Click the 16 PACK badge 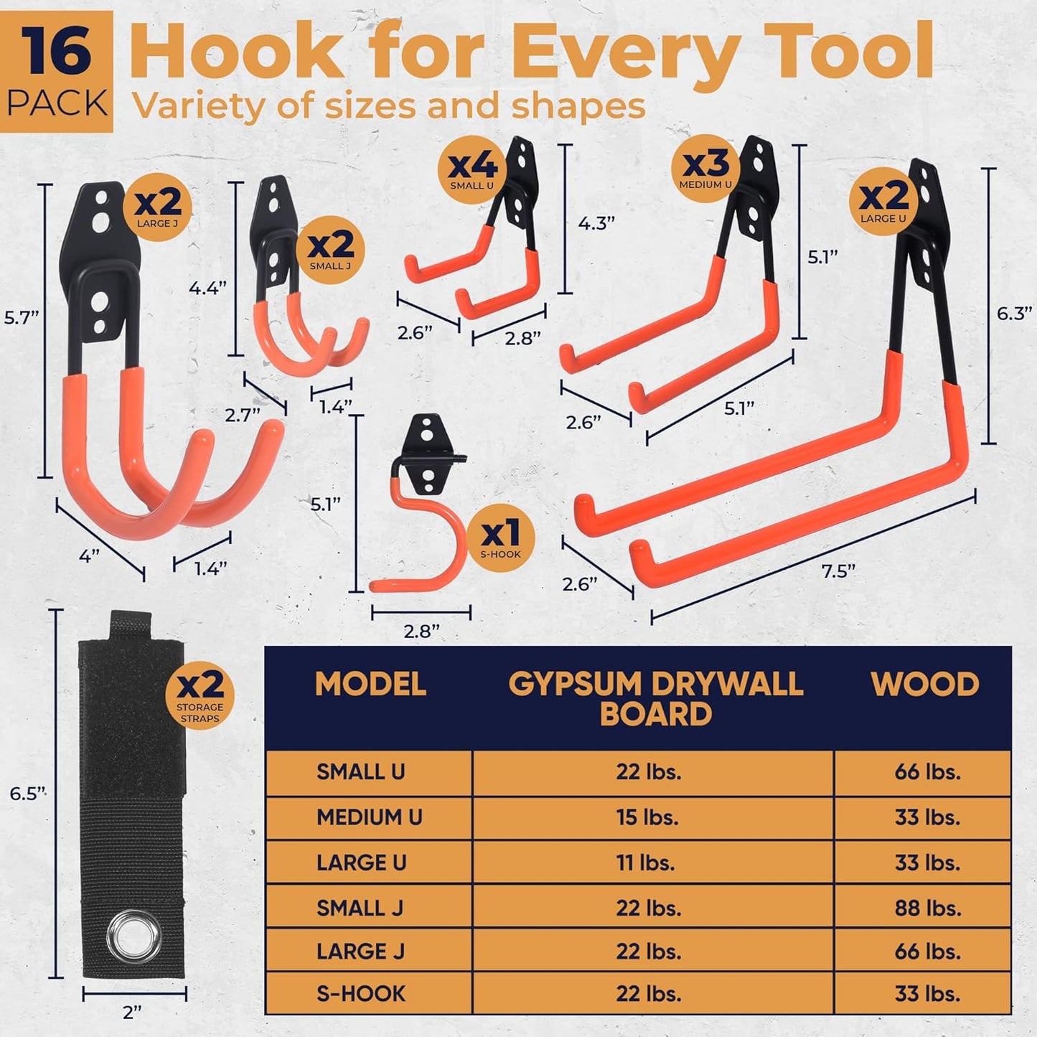57,72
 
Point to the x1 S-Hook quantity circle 501,538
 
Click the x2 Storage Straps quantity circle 200,695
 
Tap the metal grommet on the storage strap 137,934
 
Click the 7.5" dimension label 838,571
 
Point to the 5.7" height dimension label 21,317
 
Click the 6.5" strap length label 27,793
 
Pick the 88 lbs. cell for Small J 927,908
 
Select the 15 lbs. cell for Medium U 647,817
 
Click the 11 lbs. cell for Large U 646,863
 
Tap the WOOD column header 924,685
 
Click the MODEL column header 370,685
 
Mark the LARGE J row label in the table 360,952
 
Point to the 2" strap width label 132,1013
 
